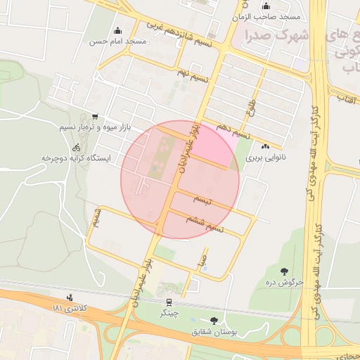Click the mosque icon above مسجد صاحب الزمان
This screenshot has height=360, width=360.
tap(264, 6)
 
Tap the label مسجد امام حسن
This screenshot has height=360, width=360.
tap(117, 41)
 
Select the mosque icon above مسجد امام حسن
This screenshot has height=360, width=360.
tap(117, 30)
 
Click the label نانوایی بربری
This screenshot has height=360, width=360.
tap(262, 159)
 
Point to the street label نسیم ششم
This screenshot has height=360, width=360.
tap(205, 224)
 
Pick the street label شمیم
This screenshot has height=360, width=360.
tap(98, 217)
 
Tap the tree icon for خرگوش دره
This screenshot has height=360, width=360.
tap(284, 270)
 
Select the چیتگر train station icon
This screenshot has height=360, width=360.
tap(169, 303)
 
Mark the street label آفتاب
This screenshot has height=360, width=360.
tap(347, 98)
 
